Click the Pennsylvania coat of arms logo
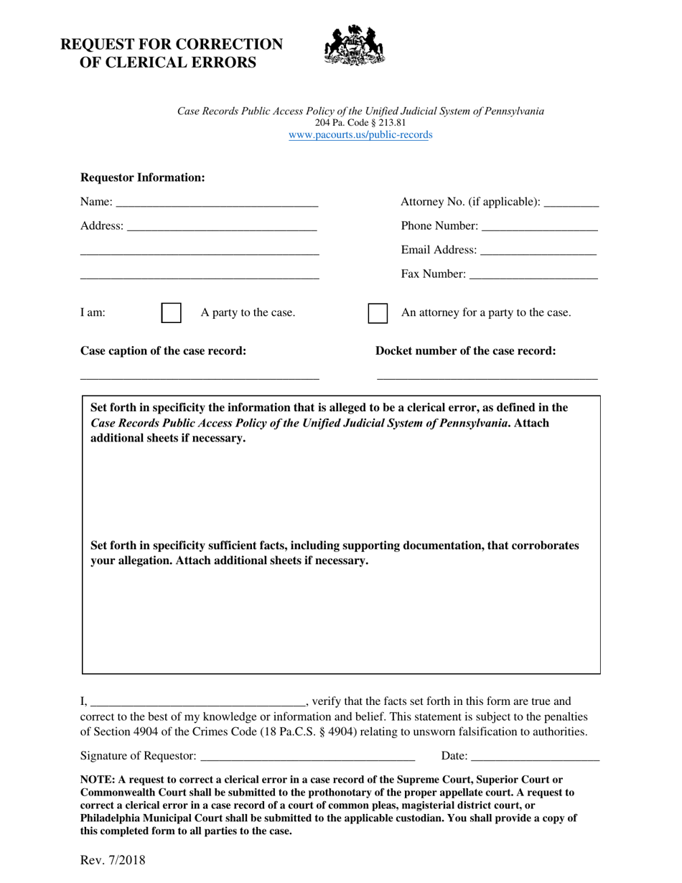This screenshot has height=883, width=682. point(355,45)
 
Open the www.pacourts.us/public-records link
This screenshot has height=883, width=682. point(360,134)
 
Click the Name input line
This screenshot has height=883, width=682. point(215,202)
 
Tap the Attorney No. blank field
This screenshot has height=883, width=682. point(571,202)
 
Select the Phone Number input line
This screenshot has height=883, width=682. point(540,227)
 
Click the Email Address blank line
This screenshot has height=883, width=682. point(538,251)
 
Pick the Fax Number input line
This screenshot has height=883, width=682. point(534,274)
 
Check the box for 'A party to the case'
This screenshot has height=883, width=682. point(171,313)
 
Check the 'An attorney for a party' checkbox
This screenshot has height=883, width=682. point(378,313)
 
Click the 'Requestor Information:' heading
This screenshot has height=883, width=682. point(143,177)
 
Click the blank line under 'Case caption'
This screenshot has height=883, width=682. point(200,375)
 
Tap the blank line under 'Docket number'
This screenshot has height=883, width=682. point(487,375)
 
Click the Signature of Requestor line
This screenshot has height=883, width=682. point(308,756)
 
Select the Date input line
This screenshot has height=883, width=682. point(536,756)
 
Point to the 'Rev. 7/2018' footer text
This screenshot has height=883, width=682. point(113,859)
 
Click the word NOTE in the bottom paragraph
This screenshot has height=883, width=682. point(95,780)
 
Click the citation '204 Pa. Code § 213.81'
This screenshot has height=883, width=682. point(360,123)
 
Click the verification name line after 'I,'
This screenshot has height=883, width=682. point(198,702)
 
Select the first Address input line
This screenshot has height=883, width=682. point(221,227)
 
